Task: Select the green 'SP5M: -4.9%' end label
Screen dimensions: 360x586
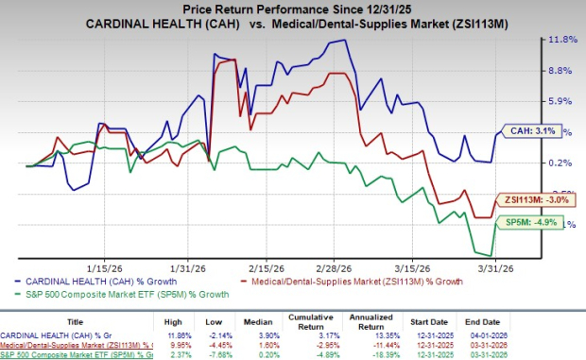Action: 526,223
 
